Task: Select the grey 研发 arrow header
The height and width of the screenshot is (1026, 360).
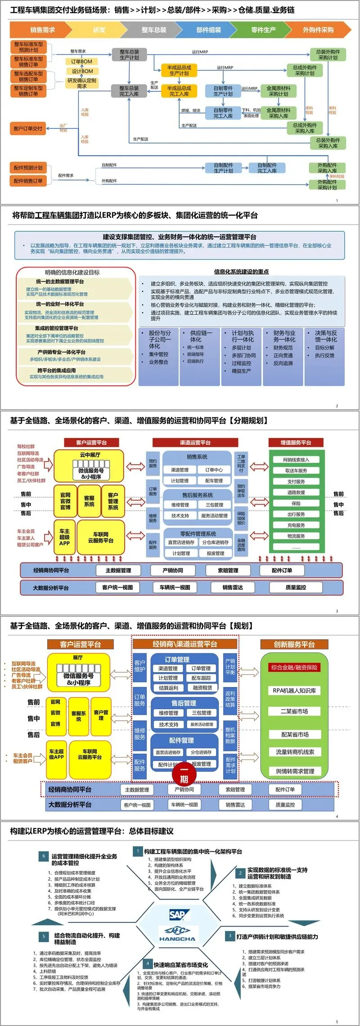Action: (99, 30)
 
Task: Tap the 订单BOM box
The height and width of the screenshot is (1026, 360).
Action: (81, 61)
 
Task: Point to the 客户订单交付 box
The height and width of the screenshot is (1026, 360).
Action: (28, 128)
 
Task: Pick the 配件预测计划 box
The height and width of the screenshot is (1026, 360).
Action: (28, 168)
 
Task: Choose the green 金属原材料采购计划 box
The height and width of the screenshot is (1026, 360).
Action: (279, 91)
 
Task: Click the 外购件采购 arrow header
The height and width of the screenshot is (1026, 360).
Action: (318, 30)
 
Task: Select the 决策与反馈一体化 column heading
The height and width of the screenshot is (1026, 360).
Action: (325, 336)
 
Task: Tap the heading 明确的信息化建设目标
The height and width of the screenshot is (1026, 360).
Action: (72, 272)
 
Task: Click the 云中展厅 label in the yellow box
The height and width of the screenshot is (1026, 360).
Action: (90, 455)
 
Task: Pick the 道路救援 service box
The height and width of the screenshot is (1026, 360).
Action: (296, 493)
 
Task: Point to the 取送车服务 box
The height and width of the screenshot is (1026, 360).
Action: (296, 470)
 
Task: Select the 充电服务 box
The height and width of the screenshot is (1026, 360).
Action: (296, 525)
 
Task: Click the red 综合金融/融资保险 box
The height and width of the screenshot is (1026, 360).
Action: (294, 667)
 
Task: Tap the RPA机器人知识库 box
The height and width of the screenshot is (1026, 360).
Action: (294, 690)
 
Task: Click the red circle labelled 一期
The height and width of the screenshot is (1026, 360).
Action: (184, 779)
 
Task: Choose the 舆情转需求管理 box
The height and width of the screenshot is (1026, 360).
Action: (295, 771)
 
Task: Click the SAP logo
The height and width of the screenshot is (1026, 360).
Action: (177, 914)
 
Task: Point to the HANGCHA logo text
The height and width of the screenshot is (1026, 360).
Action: (177, 939)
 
